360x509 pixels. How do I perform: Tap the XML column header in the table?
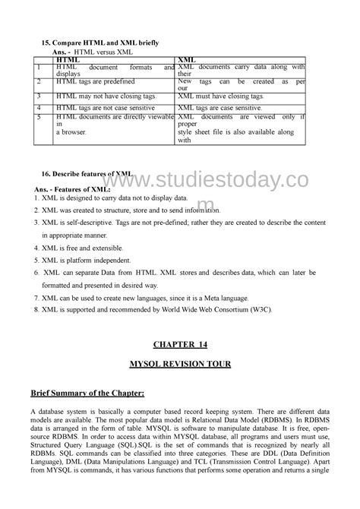coord(185,58)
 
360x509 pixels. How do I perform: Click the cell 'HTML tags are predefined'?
coord(91,81)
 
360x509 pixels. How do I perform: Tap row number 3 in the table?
coord(38,97)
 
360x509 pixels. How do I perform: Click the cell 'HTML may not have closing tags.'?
coord(106,97)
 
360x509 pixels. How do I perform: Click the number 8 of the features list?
coord(36,310)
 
